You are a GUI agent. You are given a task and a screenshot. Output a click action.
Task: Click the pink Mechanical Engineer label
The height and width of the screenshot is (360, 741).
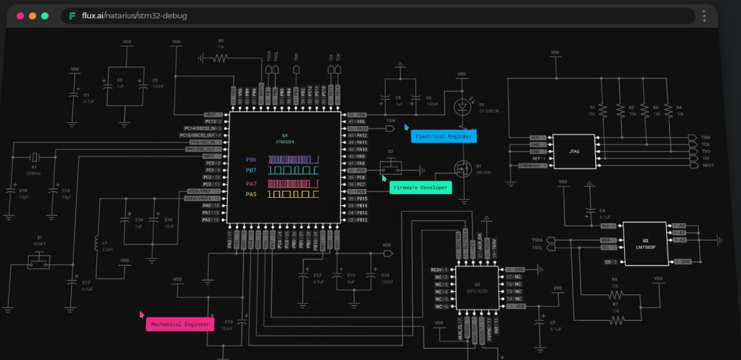tap(179, 324)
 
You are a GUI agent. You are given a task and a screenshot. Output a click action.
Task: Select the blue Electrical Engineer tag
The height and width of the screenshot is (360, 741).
tap(444, 137)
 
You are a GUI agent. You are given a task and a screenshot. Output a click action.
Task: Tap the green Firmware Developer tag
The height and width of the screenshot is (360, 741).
tap(420, 188)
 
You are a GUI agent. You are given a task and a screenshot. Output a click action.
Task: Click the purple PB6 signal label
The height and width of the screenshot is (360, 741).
tap(251, 160)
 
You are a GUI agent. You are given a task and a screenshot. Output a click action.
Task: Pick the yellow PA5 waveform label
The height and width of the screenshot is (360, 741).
tap(251, 194)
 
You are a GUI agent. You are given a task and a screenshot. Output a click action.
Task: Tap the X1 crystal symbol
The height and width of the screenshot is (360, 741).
tap(33, 158)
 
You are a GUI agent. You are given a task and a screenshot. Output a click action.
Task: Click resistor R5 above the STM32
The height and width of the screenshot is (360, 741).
tap(220, 56)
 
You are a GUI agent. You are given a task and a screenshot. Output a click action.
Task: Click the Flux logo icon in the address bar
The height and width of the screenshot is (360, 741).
tap(72, 16)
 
